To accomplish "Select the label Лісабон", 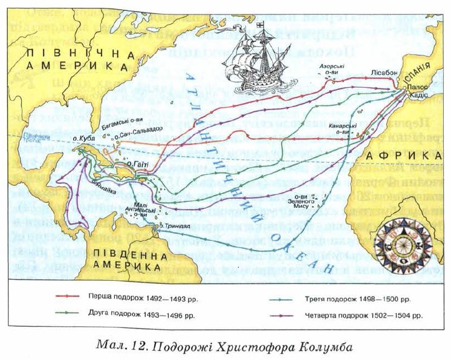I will (x=383, y=72).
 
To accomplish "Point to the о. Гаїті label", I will (x=138, y=163).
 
